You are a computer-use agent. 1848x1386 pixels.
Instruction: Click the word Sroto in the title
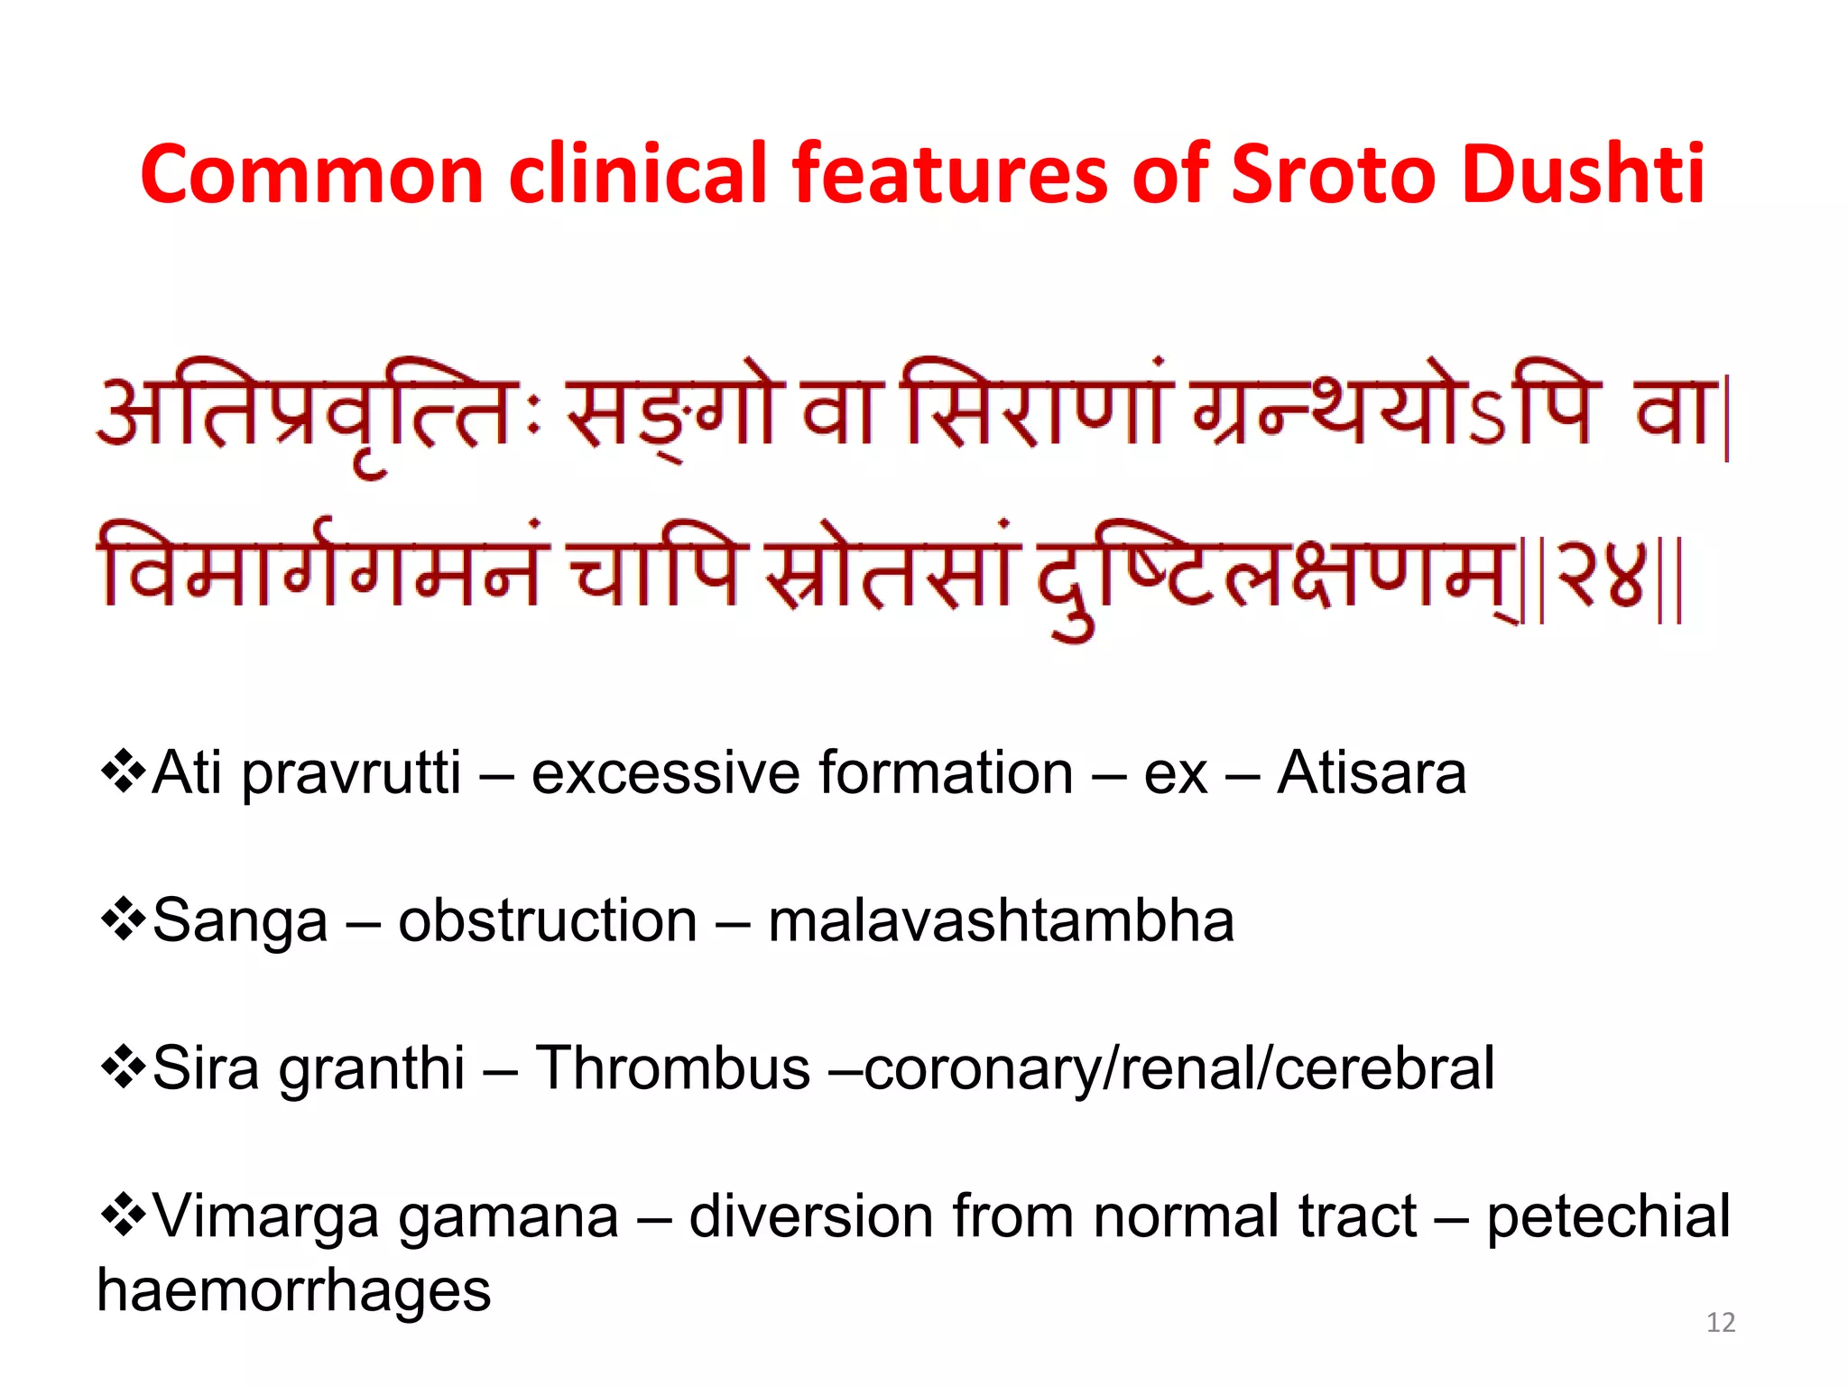(x=1330, y=173)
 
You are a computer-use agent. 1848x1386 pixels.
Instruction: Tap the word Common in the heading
(x=312, y=173)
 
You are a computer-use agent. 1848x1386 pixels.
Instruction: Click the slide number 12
(x=1721, y=1323)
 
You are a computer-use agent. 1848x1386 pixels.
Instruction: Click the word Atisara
(x=1372, y=773)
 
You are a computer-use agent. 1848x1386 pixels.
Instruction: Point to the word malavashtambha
(x=1001, y=921)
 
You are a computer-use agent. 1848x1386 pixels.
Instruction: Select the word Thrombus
(x=672, y=1068)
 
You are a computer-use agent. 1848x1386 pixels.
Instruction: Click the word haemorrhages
(x=294, y=1290)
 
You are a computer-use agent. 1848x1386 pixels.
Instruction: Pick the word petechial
(x=1608, y=1217)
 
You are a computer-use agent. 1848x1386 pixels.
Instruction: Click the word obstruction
(x=548, y=921)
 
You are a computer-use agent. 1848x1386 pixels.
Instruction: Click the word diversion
(x=809, y=1216)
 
